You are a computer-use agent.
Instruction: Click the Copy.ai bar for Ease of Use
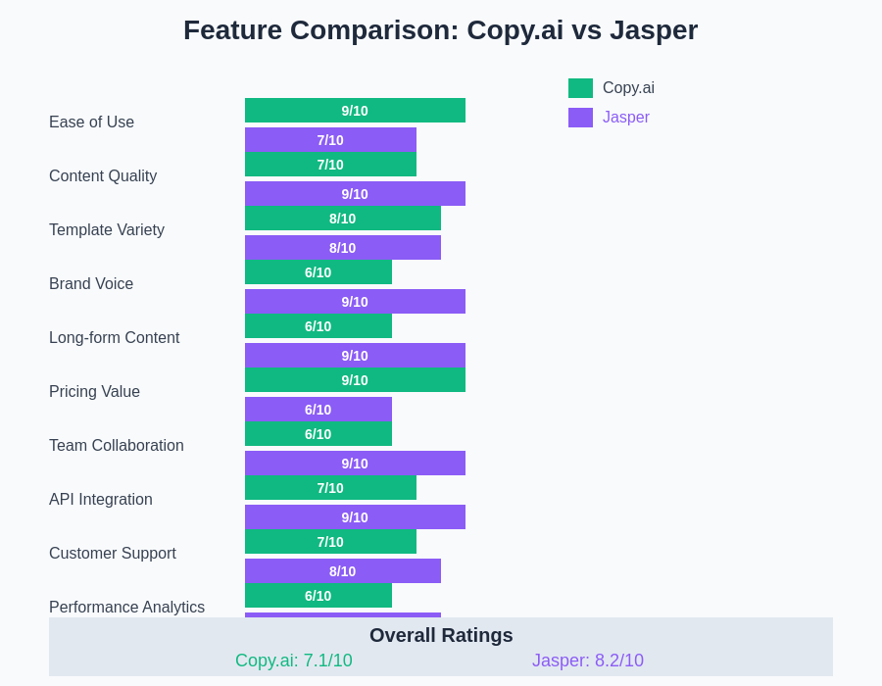355,111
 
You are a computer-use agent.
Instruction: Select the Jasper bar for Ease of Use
330,140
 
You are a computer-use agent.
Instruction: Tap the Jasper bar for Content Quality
355,194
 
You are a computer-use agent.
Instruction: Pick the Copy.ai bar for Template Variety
342,219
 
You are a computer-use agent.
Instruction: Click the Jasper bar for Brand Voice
355,302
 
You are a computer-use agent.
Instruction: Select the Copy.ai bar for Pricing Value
355,380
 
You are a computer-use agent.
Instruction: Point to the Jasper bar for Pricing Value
318,410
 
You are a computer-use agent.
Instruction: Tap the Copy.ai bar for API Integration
330,488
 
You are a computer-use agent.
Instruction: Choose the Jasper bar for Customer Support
342,571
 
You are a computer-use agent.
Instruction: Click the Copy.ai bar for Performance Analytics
318,596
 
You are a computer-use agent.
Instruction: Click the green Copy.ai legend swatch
580,88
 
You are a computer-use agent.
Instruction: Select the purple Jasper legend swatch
580,118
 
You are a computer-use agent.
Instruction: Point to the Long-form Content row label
114,338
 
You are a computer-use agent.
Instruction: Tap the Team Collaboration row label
117,446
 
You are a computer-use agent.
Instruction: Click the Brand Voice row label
91,284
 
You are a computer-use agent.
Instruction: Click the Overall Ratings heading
441,635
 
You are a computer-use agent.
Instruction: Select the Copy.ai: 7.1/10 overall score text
294,661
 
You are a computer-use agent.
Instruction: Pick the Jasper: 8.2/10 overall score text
588,661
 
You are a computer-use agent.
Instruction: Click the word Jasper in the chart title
654,30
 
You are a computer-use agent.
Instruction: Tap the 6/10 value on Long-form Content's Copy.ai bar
318,326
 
